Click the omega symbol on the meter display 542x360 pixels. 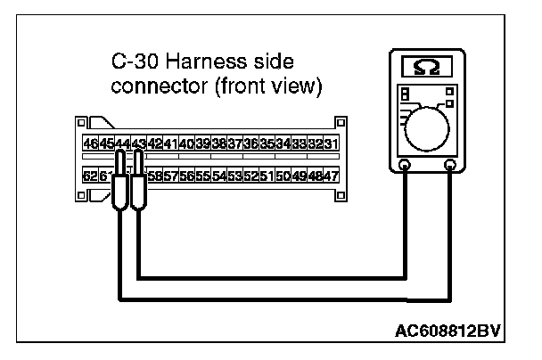pos(427,67)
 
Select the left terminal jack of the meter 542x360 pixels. pos(404,165)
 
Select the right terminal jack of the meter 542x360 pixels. pos(453,165)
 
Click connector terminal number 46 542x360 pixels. pos(90,143)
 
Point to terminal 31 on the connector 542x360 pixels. pos(331,143)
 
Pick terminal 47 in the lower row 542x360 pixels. pos(331,176)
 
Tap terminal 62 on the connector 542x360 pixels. pos(90,176)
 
